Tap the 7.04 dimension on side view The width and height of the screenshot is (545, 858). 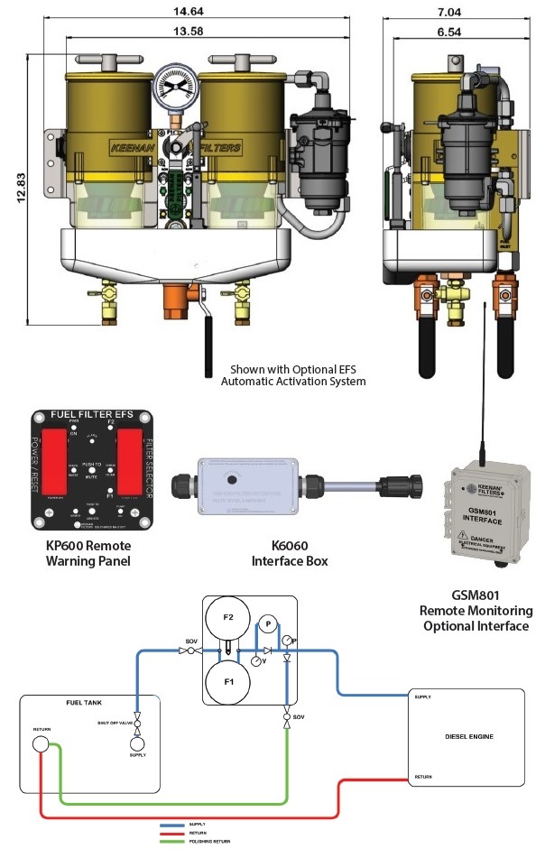coord(460,12)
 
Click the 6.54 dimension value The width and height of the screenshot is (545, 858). coord(460,32)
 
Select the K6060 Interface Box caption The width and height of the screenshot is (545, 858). coord(288,553)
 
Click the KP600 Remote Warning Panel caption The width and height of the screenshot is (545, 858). coord(88,553)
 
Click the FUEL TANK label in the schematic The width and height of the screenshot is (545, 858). coord(88,703)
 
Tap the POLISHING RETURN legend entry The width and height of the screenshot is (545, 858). coord(209,841)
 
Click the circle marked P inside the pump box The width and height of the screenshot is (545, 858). coord(267,624)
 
